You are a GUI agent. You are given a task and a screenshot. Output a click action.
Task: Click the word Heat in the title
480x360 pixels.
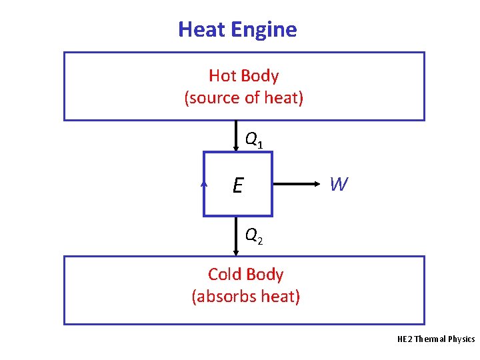coord(201,29)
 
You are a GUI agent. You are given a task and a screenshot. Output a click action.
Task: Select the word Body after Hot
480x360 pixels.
coord(261,76)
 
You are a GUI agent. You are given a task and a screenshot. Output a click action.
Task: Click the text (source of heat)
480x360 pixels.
coord(243,98)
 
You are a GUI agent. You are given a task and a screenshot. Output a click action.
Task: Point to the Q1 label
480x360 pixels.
coord(254,139)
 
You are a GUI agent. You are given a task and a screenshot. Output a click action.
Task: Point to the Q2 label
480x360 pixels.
coord(254,235)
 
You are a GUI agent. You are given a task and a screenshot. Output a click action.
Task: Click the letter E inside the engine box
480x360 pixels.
coord(238,185)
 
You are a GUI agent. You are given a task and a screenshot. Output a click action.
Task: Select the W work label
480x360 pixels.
coord(338,183)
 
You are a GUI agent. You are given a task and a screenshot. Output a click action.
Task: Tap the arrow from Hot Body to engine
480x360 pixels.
coord(237,137)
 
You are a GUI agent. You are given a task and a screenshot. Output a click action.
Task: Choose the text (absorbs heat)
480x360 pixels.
coord(245,296)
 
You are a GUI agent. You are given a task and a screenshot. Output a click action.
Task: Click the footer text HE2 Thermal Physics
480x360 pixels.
coord(436,339)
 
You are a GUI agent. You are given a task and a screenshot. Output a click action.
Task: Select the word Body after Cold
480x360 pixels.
coord(266,274)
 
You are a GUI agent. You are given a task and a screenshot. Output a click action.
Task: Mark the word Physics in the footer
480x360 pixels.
coord(461,339)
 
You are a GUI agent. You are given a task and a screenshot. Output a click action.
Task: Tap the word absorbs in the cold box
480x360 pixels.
coord(227,296)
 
